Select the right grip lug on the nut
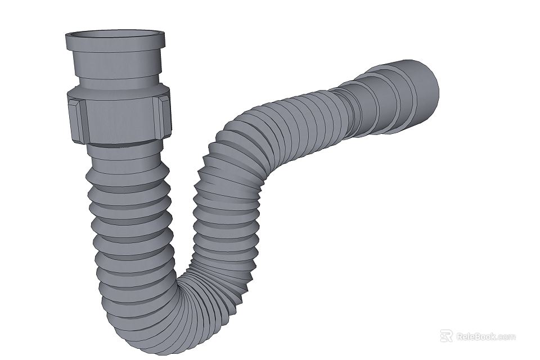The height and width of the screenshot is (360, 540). [x=164, y=116]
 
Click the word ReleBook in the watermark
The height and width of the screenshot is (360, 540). [x=476, y=337]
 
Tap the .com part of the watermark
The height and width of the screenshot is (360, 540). [x=506, y=337]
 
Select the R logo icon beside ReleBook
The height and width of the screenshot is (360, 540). [x=446, y=336]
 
